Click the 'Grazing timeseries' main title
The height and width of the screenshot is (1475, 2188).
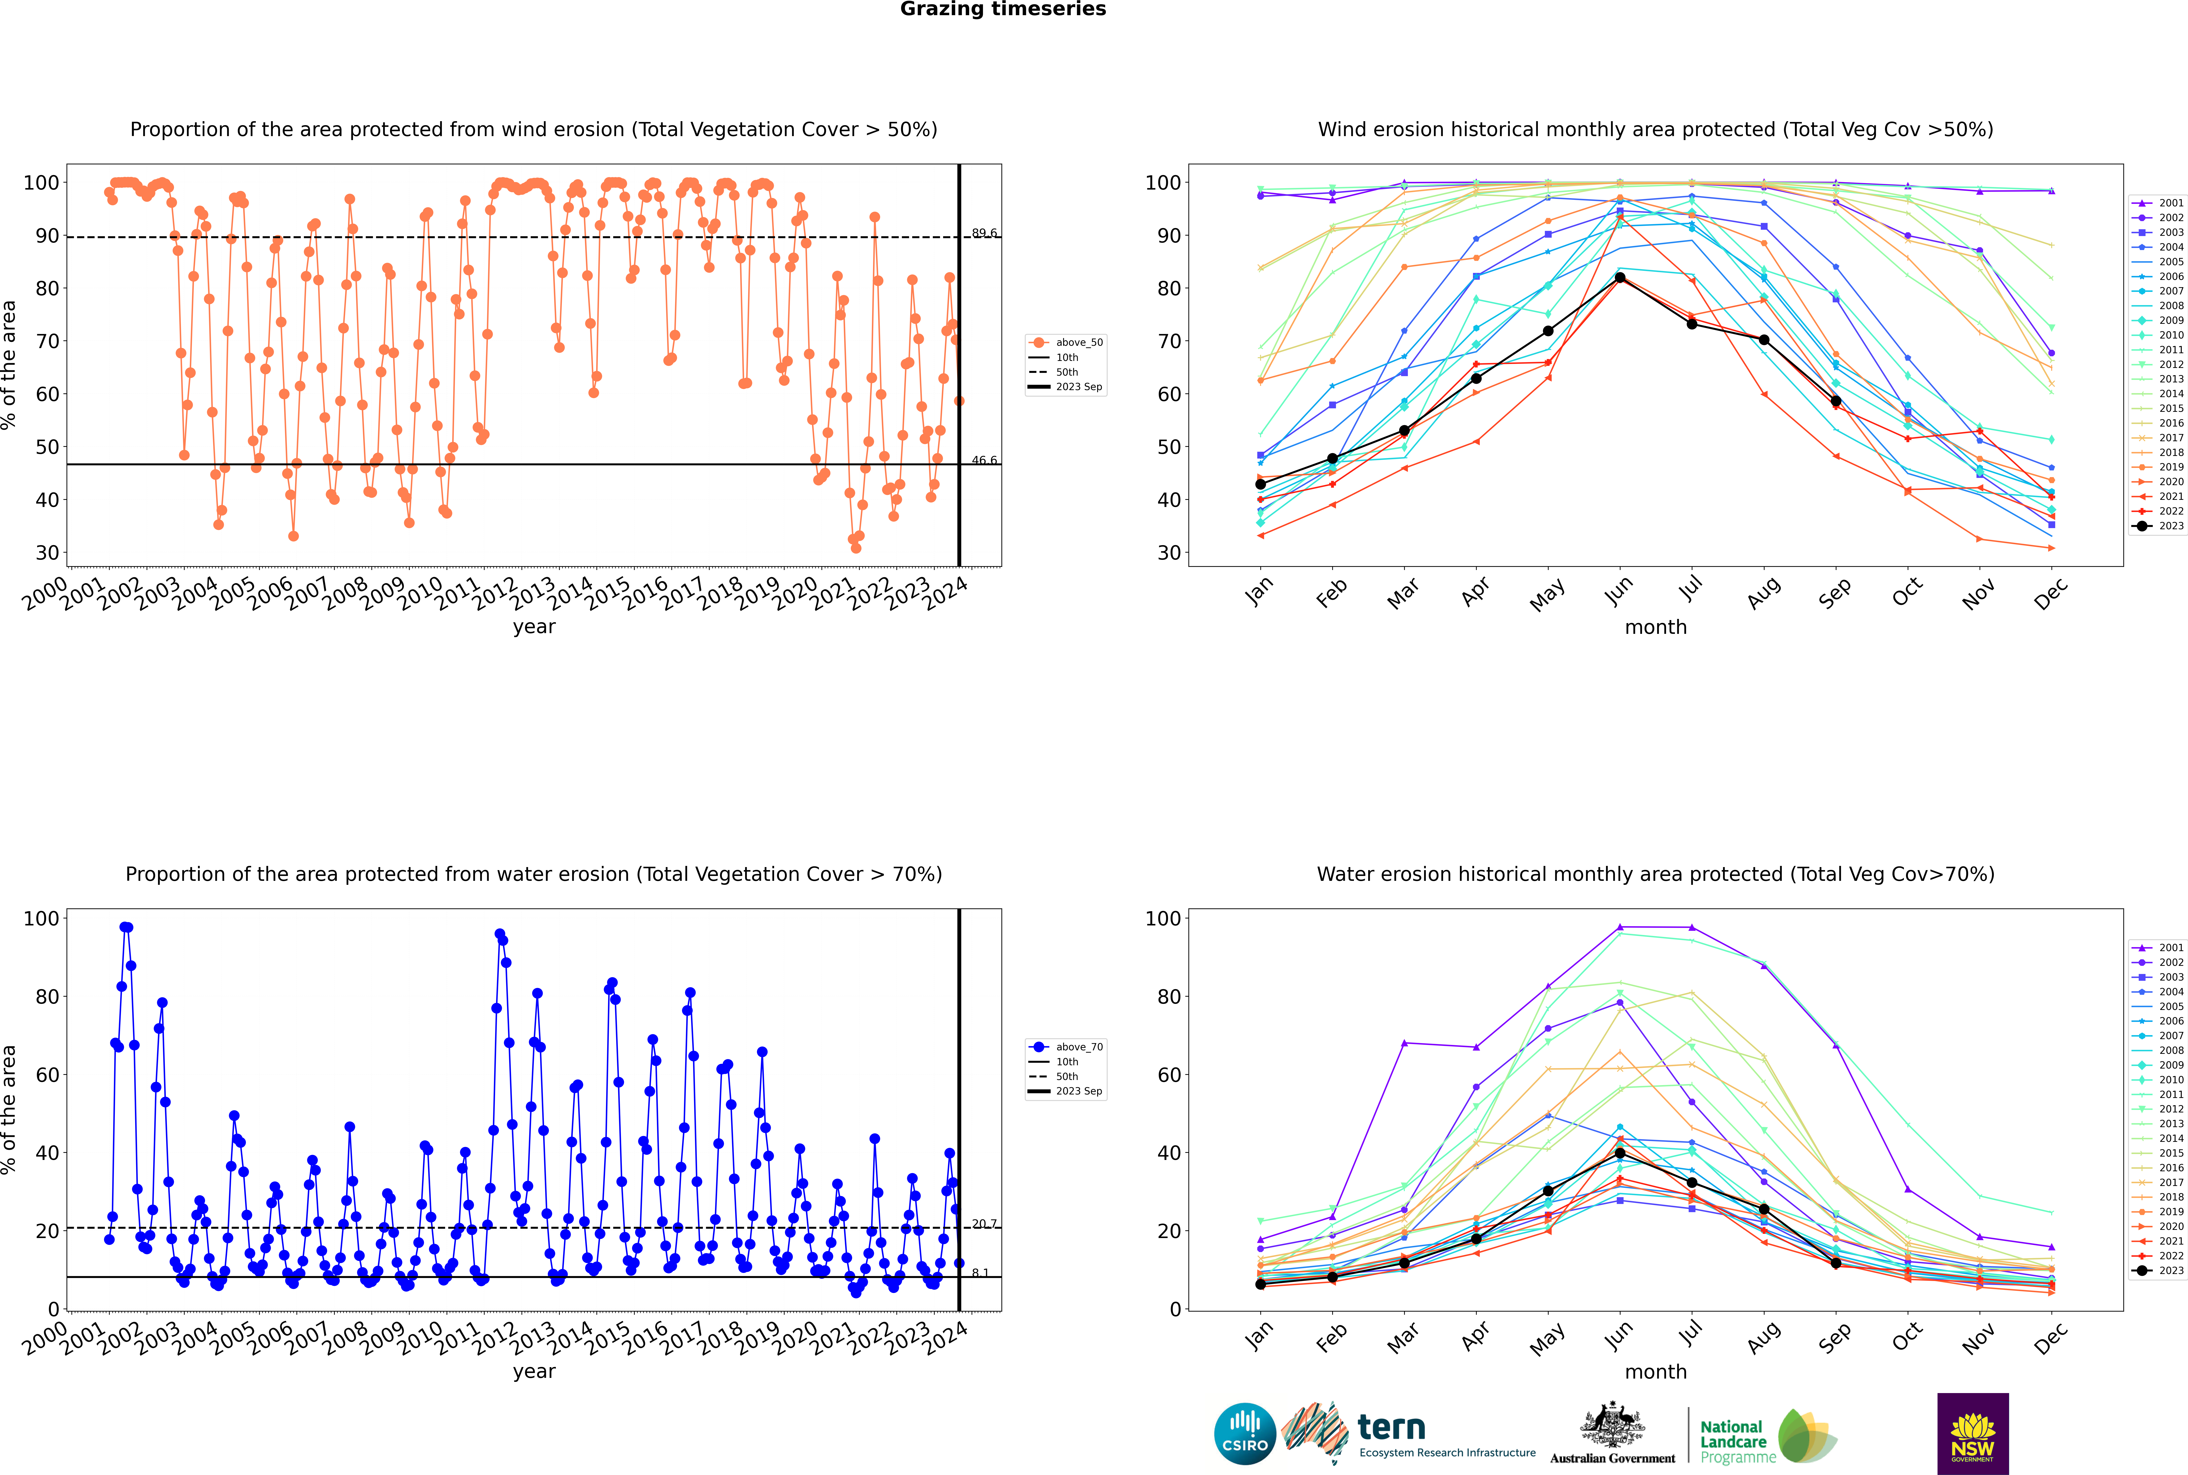[x=1003, y=9]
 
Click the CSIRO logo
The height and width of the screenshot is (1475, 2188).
[x=1244, y=1434]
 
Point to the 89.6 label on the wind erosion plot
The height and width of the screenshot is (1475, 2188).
[x=984, y=233]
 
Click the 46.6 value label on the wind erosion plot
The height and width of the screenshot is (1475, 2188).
[x=984, y=460]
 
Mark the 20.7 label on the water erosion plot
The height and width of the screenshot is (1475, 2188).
[x=984, y=1224]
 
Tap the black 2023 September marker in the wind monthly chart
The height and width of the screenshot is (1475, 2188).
[x=1835, y=401]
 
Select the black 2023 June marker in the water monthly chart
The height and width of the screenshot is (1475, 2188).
[x=1620, y=1153]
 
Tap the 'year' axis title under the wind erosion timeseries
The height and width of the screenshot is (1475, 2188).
[x=534, y=628]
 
